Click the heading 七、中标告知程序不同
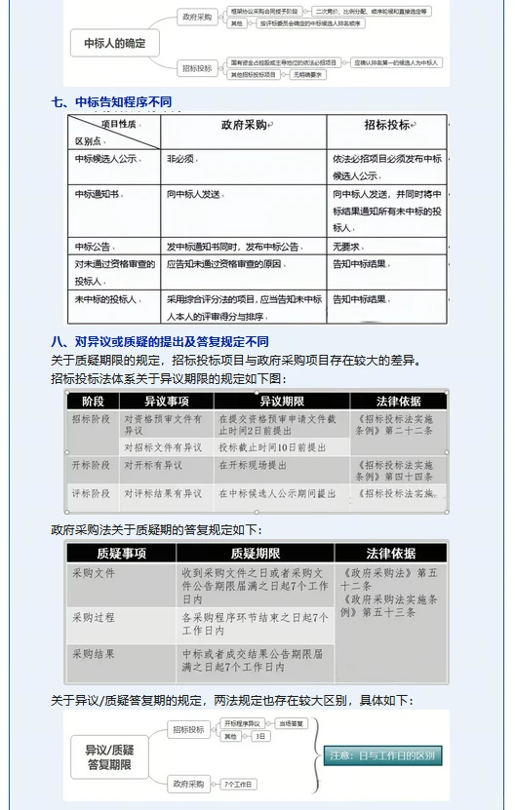click(117, 101)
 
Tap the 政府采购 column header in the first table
click(244, 126)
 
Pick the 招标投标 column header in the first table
click(386, 126)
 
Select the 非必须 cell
click(181, 158)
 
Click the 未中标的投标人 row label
click(106, 299)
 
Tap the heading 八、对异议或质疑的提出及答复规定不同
click(160, 342)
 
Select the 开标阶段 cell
click(91, 466)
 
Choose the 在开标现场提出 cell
click(253, 466)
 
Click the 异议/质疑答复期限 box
click(110, 756)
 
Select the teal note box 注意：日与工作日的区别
click(383, 754)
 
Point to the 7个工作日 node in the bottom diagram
click(237, 784)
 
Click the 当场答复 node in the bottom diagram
click(292, 723)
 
